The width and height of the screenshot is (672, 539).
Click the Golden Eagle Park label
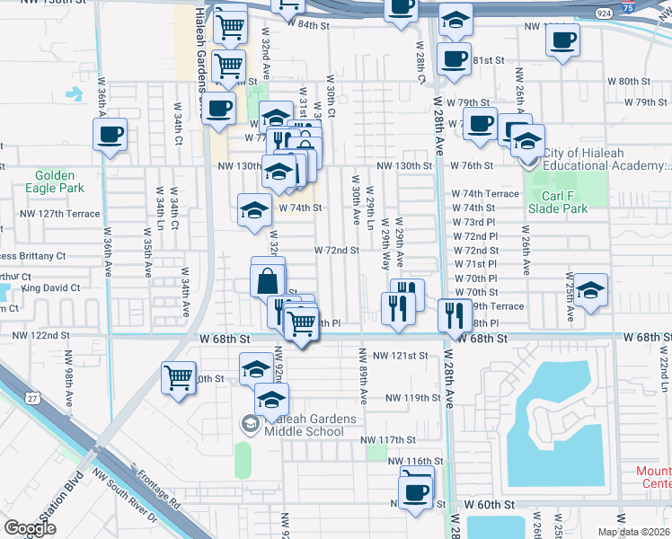(x=59, y=181)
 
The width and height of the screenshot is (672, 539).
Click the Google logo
(x=29, y=528)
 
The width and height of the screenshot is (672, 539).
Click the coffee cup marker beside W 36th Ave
(x=111, y=136)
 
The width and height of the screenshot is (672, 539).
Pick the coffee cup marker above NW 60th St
(x=416, y=491)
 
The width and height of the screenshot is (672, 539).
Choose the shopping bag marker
(x=269, y=280)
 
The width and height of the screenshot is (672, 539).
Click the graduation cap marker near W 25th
(x=590, y=290)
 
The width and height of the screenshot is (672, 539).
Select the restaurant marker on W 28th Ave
(x=451, y=315)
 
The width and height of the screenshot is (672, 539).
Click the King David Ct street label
(x=51, y=288)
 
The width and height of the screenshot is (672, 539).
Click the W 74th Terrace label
(x=485, y=194)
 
